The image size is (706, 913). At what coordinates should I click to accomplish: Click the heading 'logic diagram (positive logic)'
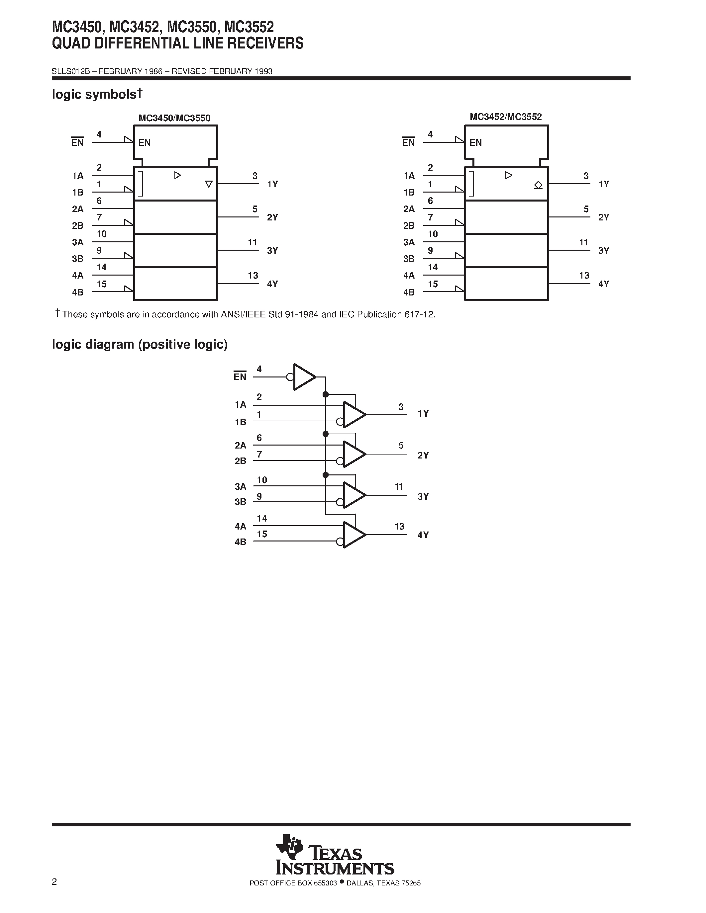point(140,345)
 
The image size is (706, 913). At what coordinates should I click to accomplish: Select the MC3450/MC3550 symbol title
point(174,118)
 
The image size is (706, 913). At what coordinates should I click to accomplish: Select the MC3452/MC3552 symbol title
point(506,117)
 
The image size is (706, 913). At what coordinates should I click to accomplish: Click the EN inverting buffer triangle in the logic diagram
point(304,377)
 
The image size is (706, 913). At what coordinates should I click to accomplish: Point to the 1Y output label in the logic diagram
point(423,413)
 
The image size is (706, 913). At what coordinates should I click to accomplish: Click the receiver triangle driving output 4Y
point(354,535)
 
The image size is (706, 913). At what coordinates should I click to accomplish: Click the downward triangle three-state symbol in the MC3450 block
point(209,184)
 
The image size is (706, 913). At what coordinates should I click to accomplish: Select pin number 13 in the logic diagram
point(399,526)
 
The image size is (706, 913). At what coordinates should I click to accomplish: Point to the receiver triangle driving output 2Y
point(354,454)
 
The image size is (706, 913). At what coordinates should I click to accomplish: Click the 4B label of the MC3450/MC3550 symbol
point(78,292)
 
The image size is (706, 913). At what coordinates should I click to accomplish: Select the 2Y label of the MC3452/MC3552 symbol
point(604,217)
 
